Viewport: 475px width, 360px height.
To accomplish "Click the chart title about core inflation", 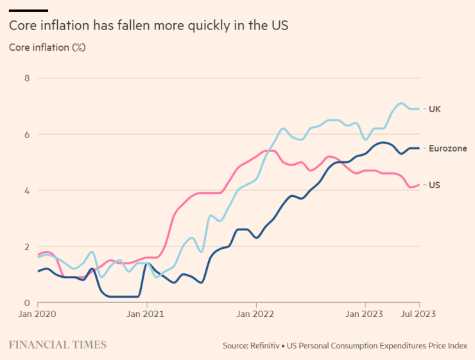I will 148,26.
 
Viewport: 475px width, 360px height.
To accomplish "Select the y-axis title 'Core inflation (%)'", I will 47,47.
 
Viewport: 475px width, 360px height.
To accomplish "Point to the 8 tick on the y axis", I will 26,78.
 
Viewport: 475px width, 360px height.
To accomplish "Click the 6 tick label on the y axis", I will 26,135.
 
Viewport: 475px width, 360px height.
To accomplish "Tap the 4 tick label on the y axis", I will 26,191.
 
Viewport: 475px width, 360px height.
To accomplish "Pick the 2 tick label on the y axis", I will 26,247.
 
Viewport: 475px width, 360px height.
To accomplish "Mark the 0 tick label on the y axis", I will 26,303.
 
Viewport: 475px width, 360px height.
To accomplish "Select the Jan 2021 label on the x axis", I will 146,314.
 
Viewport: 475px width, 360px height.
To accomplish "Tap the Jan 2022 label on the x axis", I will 255,314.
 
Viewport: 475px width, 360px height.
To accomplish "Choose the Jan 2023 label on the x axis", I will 365,314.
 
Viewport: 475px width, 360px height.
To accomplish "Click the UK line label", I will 435,109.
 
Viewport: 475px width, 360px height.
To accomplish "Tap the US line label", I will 435,185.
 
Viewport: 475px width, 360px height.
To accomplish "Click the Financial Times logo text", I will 58,345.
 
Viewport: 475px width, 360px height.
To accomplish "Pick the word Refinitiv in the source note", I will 264,346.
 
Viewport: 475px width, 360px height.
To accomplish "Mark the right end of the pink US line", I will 419,185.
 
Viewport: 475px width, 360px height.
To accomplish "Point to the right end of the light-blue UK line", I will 419,108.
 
